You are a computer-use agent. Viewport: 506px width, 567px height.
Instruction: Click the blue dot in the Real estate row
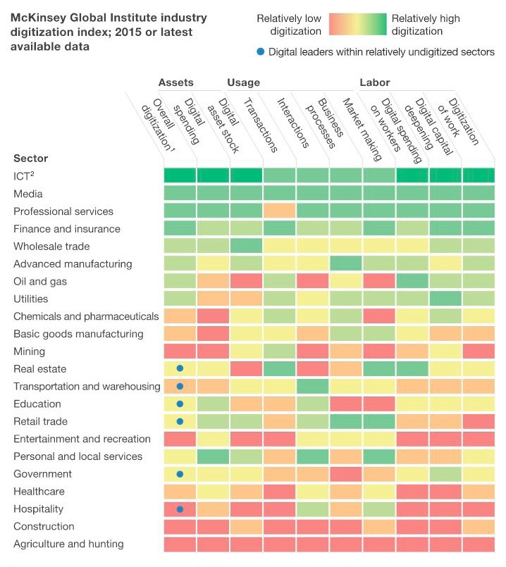tap(180, 368)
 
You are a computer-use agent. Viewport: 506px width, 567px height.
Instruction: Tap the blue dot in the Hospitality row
tap(180, 509)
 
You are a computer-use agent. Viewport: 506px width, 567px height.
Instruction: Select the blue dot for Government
tap(180, 474)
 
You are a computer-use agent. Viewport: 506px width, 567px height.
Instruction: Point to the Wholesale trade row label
tap(51, 247)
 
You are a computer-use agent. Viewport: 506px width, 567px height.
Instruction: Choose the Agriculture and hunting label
tap(68, 544)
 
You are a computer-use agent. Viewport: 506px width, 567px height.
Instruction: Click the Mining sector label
tap(29, 351)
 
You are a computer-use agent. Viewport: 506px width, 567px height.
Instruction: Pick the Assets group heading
tap(175, 82)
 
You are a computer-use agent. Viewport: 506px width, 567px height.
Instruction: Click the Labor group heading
tap(374, 82)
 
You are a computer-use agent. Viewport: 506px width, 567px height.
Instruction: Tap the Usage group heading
tap(243, 82)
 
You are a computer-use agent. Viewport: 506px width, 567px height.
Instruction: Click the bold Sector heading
tap(30, 158)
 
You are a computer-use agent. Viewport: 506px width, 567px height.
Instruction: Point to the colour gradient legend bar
tap(357, 25)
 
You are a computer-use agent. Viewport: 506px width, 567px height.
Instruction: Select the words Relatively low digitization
tap(289, 25)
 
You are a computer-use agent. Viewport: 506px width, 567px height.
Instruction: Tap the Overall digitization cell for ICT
tap(180, 175)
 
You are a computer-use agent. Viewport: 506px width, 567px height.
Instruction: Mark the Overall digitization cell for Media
tap(180, 193)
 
